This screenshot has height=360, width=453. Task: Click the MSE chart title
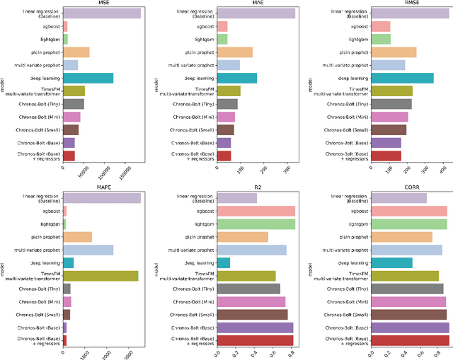click(x=103, y=4)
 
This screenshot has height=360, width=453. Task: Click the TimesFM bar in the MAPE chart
click(x=101, y=276)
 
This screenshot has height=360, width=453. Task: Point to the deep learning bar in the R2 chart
click(x=224, y=263)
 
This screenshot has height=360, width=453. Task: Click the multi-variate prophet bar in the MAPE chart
click(x=88, y=250)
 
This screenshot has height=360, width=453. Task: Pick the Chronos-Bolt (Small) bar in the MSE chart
click(x=71, y=130)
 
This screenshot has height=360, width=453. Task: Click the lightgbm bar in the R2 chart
click(x=256, y=224)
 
